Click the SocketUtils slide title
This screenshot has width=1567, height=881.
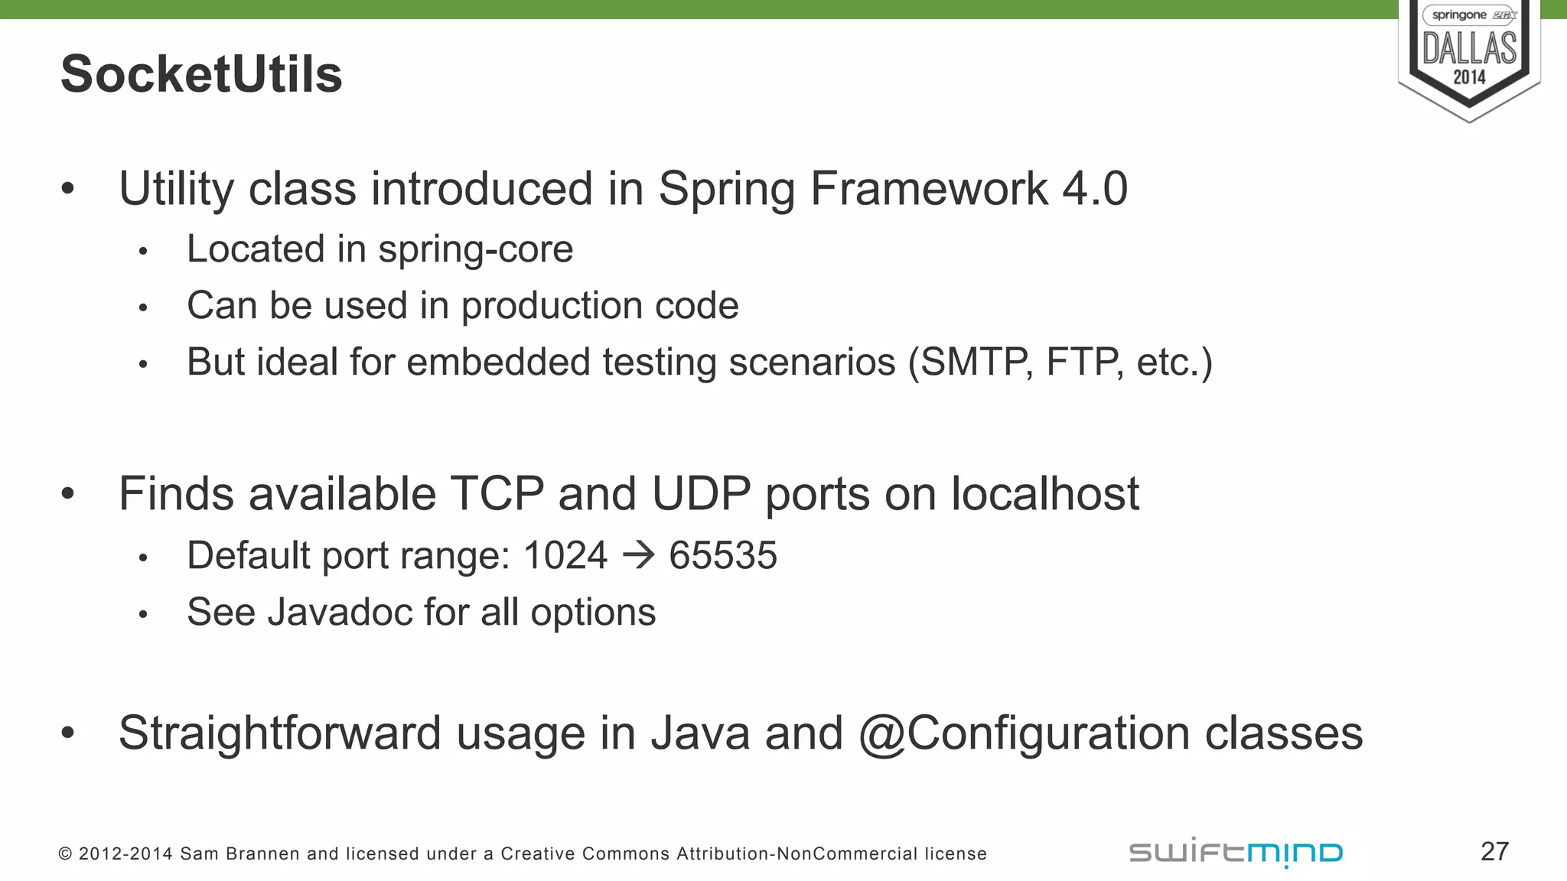point(201,74)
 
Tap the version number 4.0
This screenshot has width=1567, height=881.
point(1094,188)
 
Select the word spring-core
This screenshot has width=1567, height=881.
point(475,249)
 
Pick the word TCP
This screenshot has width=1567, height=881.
point(497,493)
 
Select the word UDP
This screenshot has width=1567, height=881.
point(700,493)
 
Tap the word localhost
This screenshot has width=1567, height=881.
point(1044,493)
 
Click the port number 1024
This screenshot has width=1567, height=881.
point(565,555)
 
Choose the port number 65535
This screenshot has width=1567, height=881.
point(722,555)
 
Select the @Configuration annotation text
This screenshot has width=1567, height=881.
point(1024,733)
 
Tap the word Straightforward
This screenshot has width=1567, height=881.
point(279,733)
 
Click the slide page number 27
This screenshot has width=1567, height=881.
point(1494,851)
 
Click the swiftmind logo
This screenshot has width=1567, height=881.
point(1235,852)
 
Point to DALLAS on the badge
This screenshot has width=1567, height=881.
point(1469,48)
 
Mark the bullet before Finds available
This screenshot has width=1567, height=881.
point(68,494)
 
